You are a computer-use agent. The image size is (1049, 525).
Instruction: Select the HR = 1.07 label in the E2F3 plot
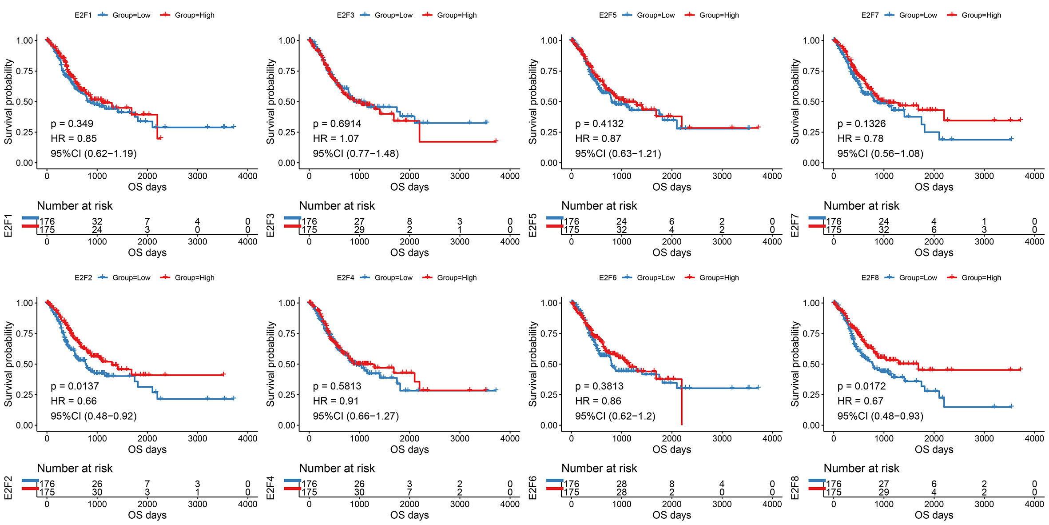pos(335,139)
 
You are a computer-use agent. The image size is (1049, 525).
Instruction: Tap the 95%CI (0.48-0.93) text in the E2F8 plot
pos(880,416)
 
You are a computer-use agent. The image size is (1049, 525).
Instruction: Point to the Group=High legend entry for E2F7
pos(981,15)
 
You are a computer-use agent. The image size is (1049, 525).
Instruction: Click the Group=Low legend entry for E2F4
pos(393,278)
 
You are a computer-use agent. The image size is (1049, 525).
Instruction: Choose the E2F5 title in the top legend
pos(608,15)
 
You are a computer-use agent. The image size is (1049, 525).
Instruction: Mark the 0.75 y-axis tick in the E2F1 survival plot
pos(24,71)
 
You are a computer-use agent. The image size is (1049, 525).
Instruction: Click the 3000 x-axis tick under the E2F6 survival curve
pos(722,438)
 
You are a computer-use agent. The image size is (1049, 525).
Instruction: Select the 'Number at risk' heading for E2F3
pos(337,206)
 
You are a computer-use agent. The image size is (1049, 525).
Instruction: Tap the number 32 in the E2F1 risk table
pos(97,221)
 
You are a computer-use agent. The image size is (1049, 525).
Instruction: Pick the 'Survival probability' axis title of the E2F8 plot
pos(795,364)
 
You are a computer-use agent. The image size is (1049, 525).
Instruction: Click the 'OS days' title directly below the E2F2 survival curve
pos(147,449)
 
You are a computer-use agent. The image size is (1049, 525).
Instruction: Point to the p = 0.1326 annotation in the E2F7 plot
pos(861,124)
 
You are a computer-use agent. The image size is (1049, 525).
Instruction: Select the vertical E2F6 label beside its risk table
pos(532,488)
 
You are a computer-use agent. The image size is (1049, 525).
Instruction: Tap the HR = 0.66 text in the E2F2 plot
pos(73,401)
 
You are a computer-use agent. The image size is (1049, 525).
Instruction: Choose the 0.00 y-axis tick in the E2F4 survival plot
pos(286,425)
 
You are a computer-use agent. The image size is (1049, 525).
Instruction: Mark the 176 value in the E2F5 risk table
pos(572,221)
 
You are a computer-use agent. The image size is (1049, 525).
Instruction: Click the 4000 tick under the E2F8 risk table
pos(1034,504)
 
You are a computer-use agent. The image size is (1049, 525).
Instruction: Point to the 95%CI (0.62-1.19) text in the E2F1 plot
pos(93,154)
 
